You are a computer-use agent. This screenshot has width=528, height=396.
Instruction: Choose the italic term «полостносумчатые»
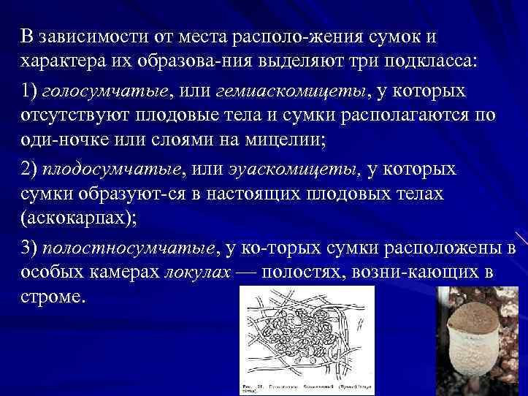pyautogui.click(x=129, y=248)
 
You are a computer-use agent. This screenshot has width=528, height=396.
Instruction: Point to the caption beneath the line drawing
pyautogui.click(x=307, y=385)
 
